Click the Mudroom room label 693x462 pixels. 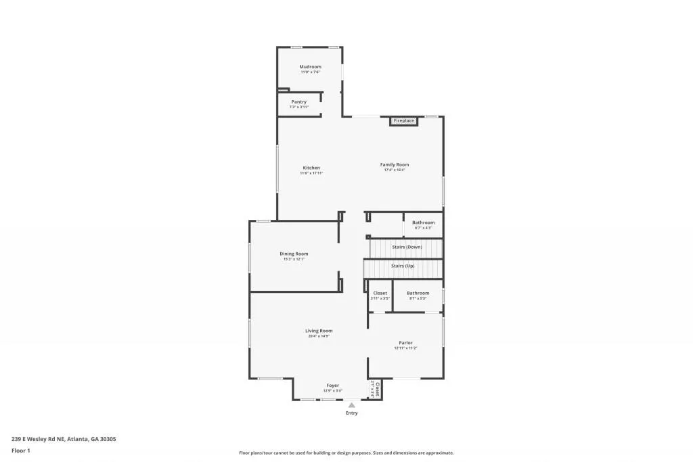click(310, 67)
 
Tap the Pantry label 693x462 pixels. click(298, 102)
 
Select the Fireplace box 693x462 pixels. click(404, 121)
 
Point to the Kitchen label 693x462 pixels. click(311, 168)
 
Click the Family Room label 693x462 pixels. click(395, 165)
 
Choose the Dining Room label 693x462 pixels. click(294, 254)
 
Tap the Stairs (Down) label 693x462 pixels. click(407, 247)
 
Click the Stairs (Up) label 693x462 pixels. click(403, 266)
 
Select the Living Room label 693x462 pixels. click(318, 331)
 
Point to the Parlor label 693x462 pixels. click(405, 343)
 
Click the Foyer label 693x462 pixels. click(332, 386)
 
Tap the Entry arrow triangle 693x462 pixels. click(351, 405)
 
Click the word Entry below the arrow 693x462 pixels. click(351, 413)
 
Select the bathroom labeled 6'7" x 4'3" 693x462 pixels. click(423, 223)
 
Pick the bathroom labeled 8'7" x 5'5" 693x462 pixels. click(418, 293)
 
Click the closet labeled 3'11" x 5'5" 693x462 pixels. click(380, 293)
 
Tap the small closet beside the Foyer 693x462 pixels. click(376, 389)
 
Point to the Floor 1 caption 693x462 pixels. click(21, 450)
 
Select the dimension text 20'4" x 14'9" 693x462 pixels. click(318, 336)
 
